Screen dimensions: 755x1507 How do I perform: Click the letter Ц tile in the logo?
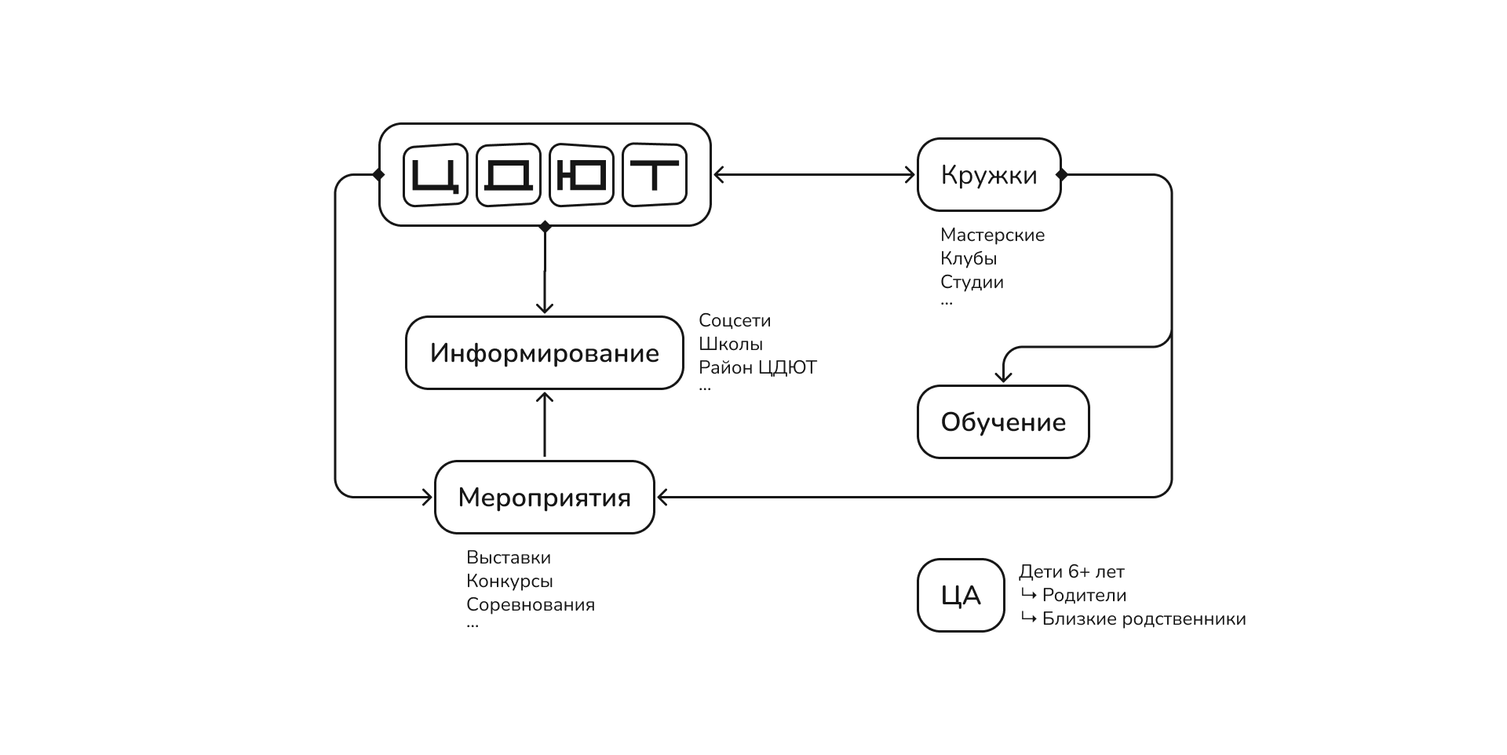pos(435,174)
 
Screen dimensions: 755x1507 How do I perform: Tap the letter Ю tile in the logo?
pos(581,174)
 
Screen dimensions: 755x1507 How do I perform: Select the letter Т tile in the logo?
pos(654,174)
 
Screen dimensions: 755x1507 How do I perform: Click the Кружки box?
pos(989,174)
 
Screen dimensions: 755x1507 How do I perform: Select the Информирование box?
pos(544,353)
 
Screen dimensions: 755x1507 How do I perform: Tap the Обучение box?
pos(1003,422)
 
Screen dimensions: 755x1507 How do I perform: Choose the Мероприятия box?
pos(544,498)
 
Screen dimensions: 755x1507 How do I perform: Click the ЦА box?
pos(961,596)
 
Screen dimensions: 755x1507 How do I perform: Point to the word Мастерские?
pos(992,235)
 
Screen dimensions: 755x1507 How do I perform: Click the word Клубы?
pos(969,258)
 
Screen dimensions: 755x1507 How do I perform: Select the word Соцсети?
pos(735,320)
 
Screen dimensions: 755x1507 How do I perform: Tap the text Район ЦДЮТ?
pos(757,367)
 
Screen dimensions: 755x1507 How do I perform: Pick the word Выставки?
pos(509,557)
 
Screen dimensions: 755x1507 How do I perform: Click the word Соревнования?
pos(531,604)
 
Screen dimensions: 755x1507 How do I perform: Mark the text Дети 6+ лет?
pos(1071,571)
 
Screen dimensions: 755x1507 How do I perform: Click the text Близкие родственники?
pos(1144,618)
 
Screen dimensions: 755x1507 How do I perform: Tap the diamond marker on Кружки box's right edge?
pos(1061,174)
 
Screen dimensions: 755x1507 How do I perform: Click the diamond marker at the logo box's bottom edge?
pos(545,227)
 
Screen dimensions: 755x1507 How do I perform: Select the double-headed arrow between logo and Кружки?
pos(814,174)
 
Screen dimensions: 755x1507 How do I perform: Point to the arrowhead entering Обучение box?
pos(1003,377)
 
